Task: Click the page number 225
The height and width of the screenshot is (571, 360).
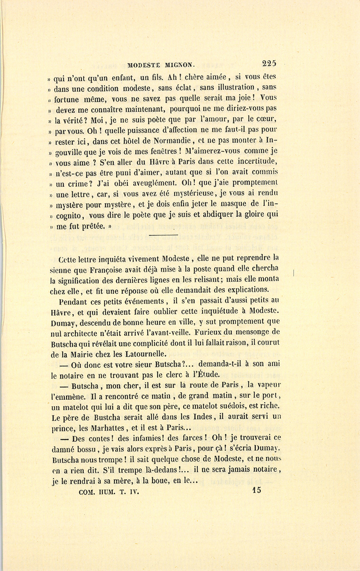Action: coord(269,63)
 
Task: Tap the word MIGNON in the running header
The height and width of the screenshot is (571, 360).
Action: coord(178,64)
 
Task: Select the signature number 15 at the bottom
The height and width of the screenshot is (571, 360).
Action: coord(257,489)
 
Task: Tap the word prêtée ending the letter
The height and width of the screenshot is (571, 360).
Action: coord(92,226)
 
